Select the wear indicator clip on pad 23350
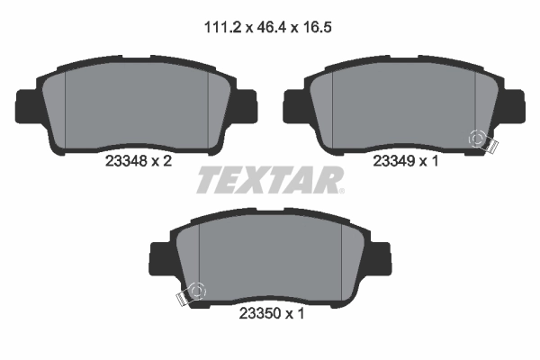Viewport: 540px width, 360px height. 192,294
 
